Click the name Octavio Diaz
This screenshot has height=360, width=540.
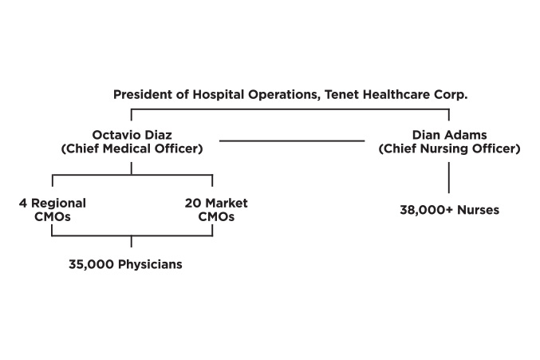132,135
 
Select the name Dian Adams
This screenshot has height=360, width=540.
449,135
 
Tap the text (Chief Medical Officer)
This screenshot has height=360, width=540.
132,148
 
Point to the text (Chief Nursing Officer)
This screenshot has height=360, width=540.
449,148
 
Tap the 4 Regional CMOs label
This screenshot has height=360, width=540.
53,210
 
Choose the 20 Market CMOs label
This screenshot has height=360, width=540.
216,210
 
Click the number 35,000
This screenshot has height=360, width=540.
91,264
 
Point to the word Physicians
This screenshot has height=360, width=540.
150,264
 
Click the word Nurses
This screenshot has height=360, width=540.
479,210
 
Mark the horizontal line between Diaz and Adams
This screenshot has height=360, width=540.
292,140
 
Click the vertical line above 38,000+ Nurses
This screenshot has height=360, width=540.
449,178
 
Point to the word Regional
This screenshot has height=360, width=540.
58,204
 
